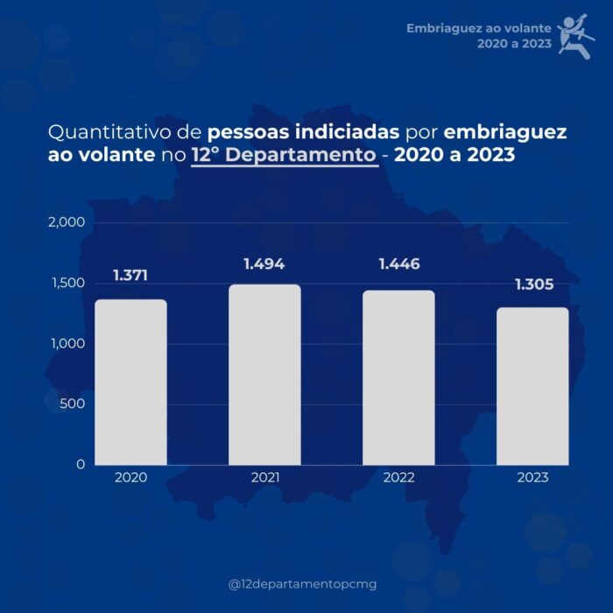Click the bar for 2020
(130, 382)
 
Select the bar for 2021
(264, 374)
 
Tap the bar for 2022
(398, 377)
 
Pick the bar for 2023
(532, 386)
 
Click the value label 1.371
(130, 276)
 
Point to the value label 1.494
(264, 264)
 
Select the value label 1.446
(398, 264)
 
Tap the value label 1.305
(533, 285)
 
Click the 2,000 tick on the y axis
(66, 222)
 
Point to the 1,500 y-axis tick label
(66, 283)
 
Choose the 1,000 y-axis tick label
(66, 343)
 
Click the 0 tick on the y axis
(80, 464)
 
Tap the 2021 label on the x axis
(264, 478)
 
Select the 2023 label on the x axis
(532, 478)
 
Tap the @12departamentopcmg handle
(302, 584)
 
